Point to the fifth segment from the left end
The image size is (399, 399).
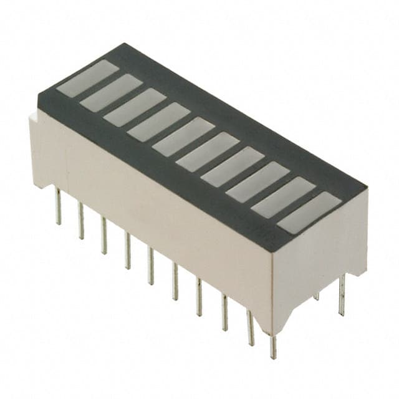click(x=184, y=136)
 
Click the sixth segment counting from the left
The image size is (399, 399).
click(x=208, y=151)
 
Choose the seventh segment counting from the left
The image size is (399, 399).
click(x=233, y=165)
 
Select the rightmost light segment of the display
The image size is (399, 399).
click(x=309, y=212)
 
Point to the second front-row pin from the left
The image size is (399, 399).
click(x=80, y=221)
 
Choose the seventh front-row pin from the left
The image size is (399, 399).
click(x=199, y=297)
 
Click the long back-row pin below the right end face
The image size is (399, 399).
click(x=342, y=296)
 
